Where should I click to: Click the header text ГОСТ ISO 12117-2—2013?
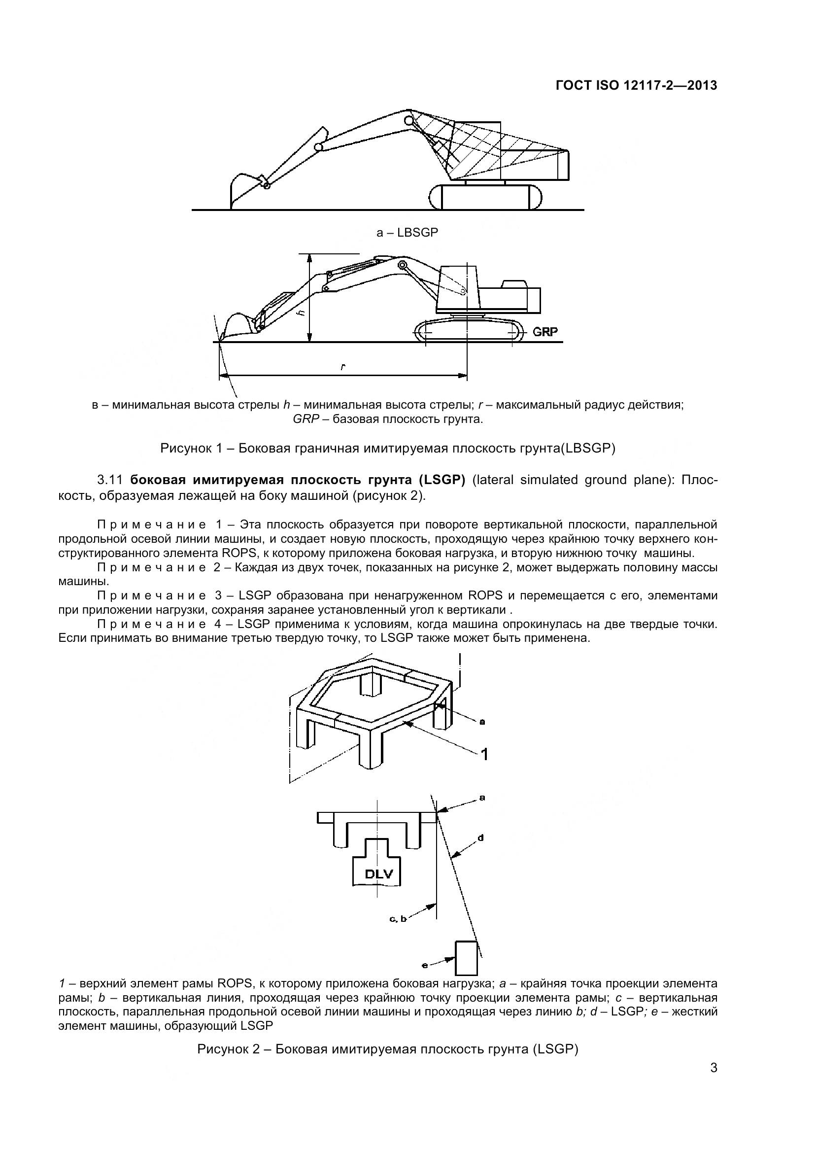pyautogui.click(x=636, y=85)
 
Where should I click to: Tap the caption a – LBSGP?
pyautogui.click(x=407, y=233)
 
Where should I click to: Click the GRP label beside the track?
pyautogui.click(x=545, y=332)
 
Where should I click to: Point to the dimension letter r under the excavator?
pyautogui.click(x=343, y=367)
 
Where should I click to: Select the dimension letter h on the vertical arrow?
pyautogui.click(x=301, y=313)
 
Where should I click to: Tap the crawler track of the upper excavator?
pyautogui.click(x=486, y=197)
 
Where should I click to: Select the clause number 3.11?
pyautogui.click(x=110, y=480)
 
